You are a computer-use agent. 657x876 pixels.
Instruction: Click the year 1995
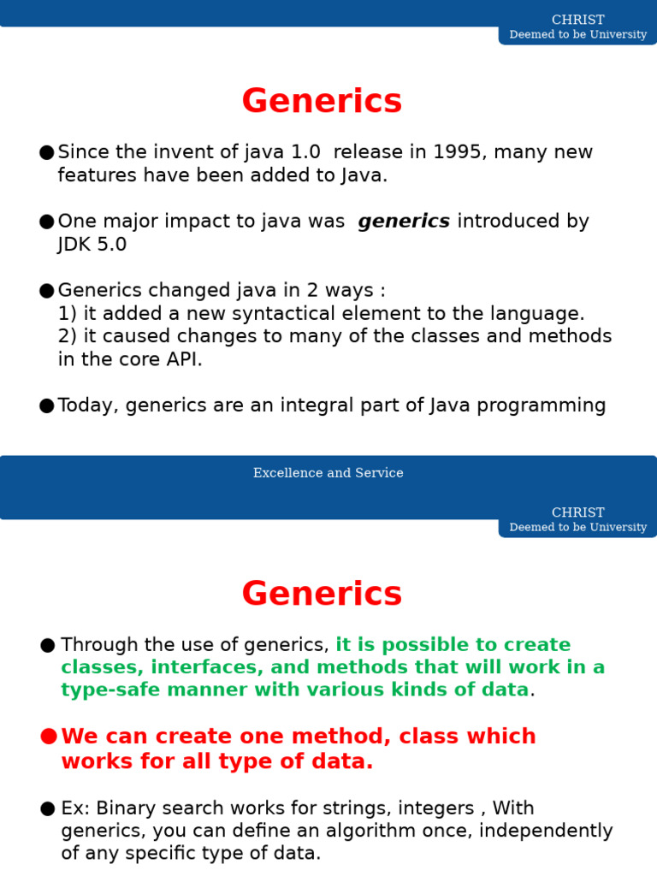(x=458, y=152)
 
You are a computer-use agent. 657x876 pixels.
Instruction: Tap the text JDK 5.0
(x=92, y=245)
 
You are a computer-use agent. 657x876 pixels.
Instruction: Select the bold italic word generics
(x=404, y=222)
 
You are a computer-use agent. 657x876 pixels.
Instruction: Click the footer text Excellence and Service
(x=328, y=473)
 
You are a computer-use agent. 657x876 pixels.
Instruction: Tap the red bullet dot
(x=48, y=737)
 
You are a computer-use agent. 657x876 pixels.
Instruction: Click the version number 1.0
(x=305, y=152)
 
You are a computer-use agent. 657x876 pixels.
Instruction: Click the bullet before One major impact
(x=46, y=222)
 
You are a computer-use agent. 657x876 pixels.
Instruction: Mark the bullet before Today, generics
(x=46, y=405)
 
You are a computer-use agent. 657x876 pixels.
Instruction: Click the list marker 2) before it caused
(x=68, y=336)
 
